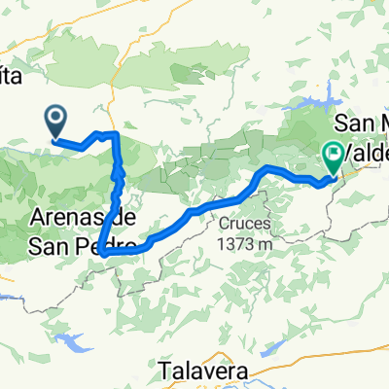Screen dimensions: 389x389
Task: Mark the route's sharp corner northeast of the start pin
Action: pyautogui.click(x=117, y=133)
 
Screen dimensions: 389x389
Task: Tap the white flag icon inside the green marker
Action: pyautogui.click(x=334, y=152)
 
